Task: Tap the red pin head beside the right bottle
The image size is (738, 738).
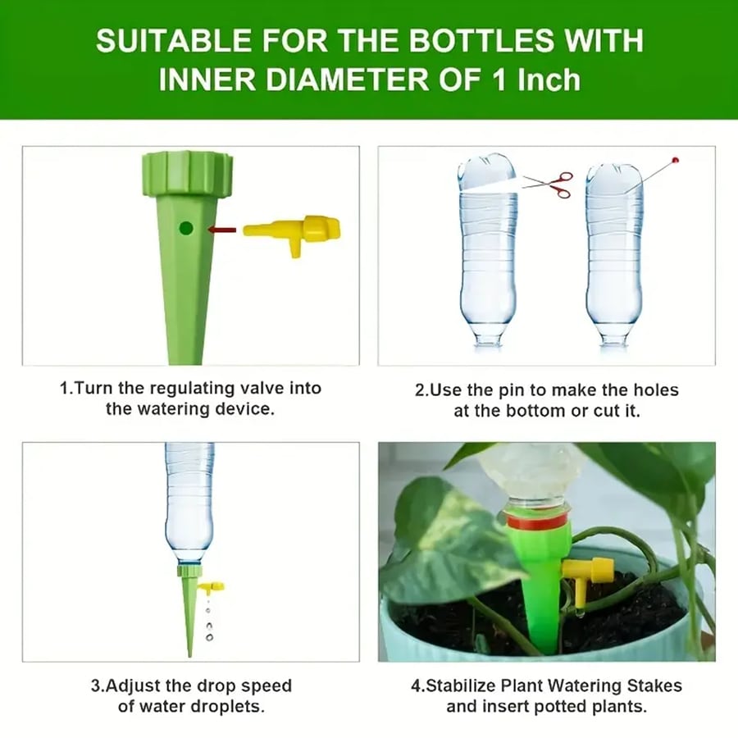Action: pyautogui.click(x=675, y=160)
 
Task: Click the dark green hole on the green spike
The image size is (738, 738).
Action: pyautogui.click(x=186, y=229)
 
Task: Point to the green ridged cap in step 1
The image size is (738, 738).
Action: pyautogui.click(x=186, y=172)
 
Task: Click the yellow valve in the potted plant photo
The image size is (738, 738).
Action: pyautogui.click(x=588, y=572)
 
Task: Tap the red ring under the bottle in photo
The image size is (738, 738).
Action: pyautogui.click(x=537, y=520)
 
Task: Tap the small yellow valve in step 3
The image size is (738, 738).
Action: pyautogui.click(x=212, y=587)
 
